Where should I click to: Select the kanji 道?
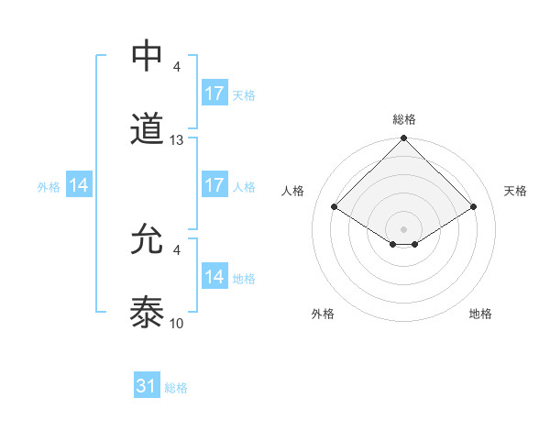148,130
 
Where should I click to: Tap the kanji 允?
148,240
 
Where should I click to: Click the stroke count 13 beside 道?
177,140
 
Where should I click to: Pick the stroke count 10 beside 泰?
177,324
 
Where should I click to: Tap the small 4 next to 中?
176,66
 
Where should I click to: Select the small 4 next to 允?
176,249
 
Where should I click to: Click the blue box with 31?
147,387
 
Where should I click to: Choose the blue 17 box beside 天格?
214,94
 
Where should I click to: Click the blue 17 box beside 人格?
214,185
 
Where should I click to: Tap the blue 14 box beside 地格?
214,277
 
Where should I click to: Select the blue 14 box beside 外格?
79,185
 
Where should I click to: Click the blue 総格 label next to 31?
176,388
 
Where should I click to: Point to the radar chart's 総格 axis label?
404,119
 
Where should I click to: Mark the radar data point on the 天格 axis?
474,206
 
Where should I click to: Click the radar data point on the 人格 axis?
335,206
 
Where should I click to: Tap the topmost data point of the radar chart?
404,139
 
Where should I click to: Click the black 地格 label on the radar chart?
480,314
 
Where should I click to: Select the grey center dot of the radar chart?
404,228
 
